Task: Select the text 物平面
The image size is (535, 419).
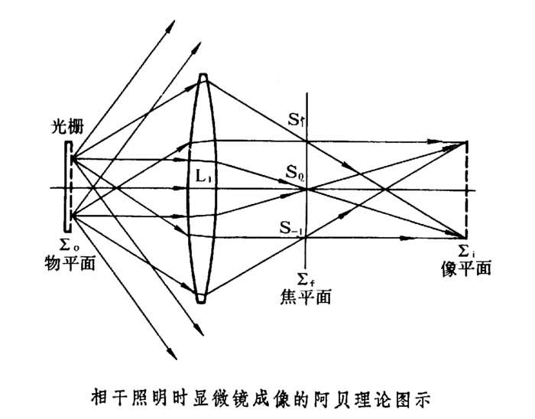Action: tap(67, 264)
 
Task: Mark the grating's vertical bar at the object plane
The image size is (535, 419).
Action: tap(70, 188)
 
